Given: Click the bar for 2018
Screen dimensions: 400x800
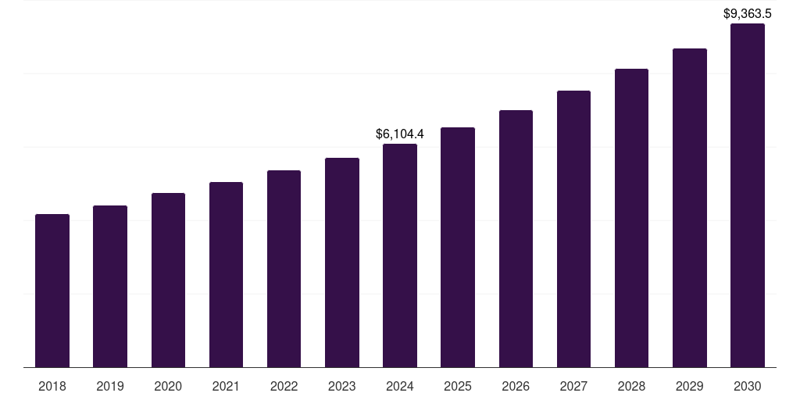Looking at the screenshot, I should [52, 291].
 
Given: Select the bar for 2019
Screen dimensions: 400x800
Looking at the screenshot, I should [110, 286].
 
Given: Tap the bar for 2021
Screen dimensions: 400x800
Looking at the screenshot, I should [226, 274].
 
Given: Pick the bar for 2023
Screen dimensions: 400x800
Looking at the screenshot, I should [342, 262].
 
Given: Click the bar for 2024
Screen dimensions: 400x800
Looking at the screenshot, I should [400, 255].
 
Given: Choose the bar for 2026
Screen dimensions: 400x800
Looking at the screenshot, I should [516, 238].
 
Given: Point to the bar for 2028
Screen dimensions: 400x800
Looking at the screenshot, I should [631, 218].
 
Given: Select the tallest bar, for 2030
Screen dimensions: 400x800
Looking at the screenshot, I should [748, 195].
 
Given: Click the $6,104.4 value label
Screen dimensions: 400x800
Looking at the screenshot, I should [400, 134].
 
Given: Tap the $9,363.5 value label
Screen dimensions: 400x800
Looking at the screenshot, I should [748, 13].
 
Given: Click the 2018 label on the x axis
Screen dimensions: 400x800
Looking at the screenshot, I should [52, 386].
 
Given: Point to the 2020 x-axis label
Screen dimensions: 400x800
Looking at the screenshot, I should [168, 386].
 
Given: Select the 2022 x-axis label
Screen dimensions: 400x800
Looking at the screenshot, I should [284, 386].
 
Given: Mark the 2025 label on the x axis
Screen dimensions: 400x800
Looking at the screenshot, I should [458, 386].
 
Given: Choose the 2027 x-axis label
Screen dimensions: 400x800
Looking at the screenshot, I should [573, 386].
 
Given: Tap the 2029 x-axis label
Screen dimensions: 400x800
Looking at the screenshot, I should [689, 386].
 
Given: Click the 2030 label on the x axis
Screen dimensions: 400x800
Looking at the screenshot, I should [748, 386].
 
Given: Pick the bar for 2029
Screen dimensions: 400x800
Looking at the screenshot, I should [689, 208].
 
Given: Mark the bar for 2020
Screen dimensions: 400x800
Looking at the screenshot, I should [168, 280].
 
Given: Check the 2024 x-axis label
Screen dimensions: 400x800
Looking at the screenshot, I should [400, 386].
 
